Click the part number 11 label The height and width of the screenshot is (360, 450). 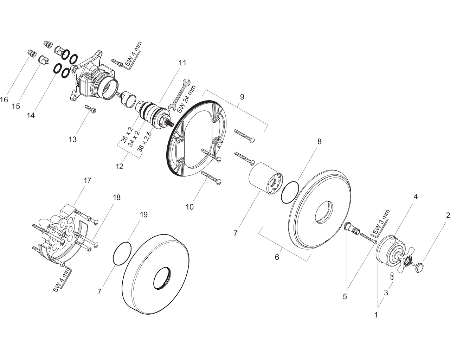(182, 63)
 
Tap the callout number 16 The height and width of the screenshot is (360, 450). (4, 99)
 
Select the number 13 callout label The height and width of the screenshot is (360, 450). (72, 139)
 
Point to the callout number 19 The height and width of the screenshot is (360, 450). (144, 214)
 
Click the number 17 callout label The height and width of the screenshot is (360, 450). (88, 180)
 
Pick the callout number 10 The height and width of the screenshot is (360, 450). (189, 207)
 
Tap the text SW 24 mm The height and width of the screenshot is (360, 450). (186, 99)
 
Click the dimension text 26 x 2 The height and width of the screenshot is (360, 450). (127, 135)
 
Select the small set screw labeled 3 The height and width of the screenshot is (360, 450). (392, 276)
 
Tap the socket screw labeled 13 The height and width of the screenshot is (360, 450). (91, 109)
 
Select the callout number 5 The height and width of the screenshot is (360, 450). (345, 296)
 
